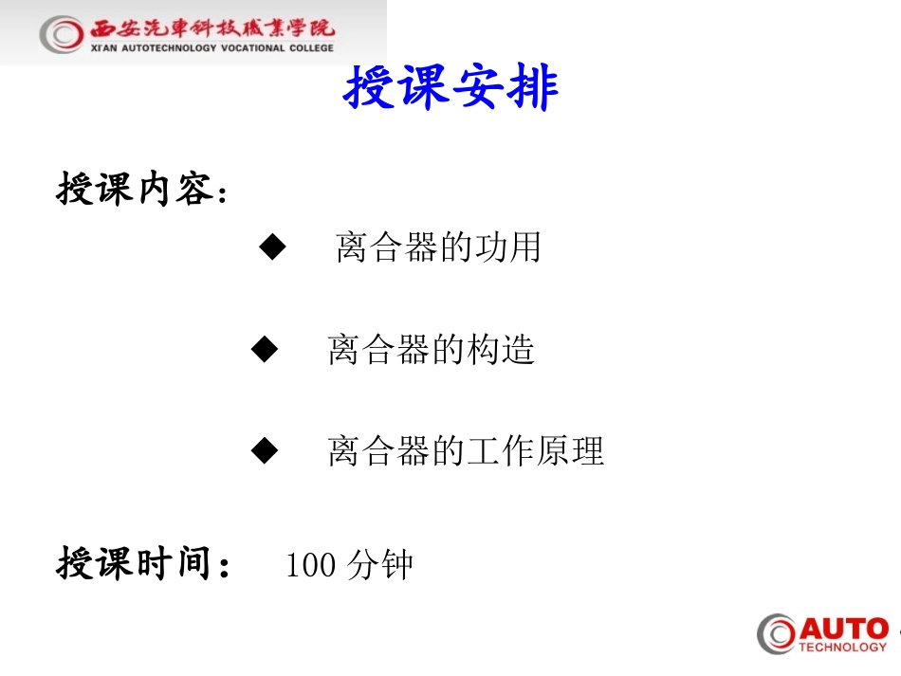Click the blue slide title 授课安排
tap(450, 89)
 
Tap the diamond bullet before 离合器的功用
tap(272, 248)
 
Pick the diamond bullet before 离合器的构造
tap(265, 350)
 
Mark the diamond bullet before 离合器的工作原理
tap(265, 451)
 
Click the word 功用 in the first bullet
tap(506, 248)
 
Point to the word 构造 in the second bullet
tap(501, 350)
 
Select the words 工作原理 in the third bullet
tap(535, 451)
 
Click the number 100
tap(310, 566)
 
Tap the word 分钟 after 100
tap(380, 566)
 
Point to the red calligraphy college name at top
tap(212, 27)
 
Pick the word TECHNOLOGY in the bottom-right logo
tap(842, 648)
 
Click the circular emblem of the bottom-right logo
tap(777, 634)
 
